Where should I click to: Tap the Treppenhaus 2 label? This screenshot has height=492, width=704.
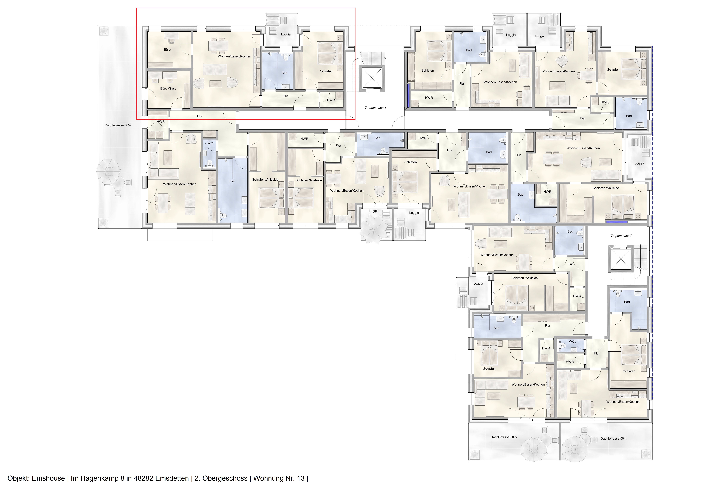click(621, 236)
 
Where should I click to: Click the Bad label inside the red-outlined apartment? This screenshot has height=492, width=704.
click(284, 73)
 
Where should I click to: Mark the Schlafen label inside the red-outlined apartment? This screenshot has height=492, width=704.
click(326, 71)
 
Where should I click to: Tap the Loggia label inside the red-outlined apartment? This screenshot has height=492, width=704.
click(285, 34)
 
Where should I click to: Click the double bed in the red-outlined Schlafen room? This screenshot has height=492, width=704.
click(329, 53)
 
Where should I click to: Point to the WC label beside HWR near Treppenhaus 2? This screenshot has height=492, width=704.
click(572, 341)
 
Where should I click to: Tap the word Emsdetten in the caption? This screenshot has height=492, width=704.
click(172, 478)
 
